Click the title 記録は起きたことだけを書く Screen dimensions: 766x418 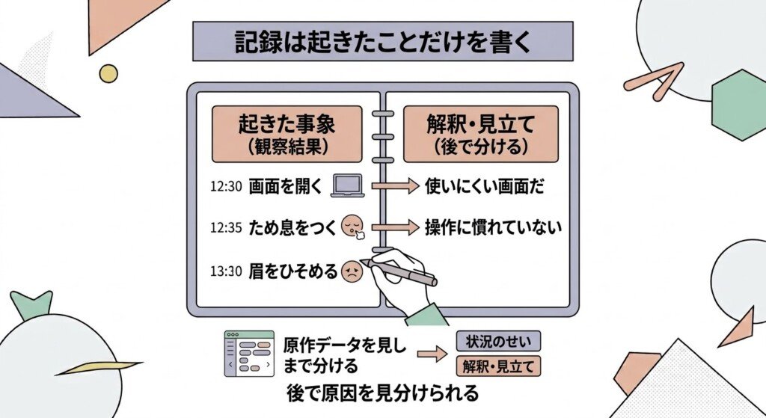click(x=382, y=42)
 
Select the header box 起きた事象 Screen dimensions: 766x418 click(x=287, y=134)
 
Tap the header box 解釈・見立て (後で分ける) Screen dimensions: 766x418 click(x=481, y=134)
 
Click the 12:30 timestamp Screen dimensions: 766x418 click(x=226, y=186)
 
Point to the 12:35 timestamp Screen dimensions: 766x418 click(x=226, y=227)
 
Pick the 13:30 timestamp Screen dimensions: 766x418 click(x=226, y=271)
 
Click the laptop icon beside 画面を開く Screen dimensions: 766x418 click(x=348, y=185)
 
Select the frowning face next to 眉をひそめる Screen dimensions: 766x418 click(x=352, y=271)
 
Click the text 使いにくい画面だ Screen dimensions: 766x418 click(x=484, y=186)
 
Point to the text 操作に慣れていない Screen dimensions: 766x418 click(x=493, y=227)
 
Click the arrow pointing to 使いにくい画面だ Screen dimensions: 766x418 click(x=395, y=185)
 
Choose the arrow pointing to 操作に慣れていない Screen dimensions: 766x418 click(x=395, y=227)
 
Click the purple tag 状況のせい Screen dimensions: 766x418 click(x=498, y=341)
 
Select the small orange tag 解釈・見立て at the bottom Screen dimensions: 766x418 click(x=498, y=366)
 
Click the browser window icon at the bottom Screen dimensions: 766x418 click(x=249, y=354)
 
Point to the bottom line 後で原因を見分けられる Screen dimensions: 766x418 click(x=382, y=393)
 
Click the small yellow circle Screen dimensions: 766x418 click(x=108, y=74)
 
